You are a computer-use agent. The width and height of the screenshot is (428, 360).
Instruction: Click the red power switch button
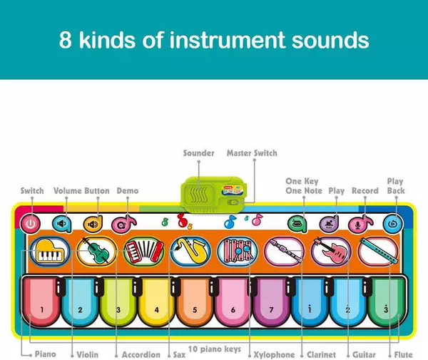point(30,224)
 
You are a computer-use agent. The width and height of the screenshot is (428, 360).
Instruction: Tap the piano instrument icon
point(50,252)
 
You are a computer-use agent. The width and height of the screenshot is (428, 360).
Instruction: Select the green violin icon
point(96,251)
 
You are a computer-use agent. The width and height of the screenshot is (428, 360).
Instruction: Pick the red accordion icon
point(144,252)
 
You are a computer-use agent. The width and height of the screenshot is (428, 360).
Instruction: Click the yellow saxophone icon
point(190,252)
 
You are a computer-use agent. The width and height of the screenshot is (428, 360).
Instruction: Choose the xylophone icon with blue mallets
point(238,252)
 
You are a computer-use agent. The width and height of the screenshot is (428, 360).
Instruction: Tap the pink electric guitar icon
point(331,251)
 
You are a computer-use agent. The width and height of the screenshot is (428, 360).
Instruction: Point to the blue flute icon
point(378,251)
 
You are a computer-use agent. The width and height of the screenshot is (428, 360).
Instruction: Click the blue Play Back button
point(392,224)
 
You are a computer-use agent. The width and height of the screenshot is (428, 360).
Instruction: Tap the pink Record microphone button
point(360,224)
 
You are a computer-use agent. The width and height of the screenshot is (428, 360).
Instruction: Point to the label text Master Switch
point(252,153)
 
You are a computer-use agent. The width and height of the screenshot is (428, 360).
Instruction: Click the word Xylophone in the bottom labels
point(274,354)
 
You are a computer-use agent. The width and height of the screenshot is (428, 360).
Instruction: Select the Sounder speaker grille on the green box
point(198,195)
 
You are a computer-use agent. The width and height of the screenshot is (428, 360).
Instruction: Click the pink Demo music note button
point(123,224)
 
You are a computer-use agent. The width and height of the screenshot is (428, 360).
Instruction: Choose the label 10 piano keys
point(215,349)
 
